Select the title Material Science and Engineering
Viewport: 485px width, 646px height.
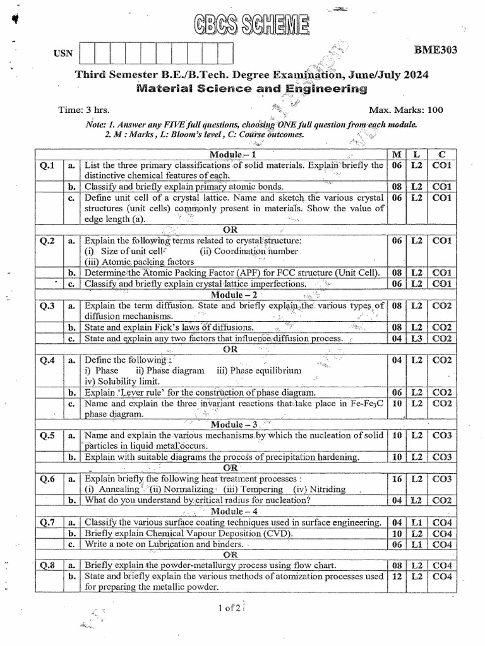(251, 89)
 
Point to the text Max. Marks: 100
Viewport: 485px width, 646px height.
(410, 110)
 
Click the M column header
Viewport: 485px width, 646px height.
(397, 155)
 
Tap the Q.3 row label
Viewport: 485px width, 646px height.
(47, 306)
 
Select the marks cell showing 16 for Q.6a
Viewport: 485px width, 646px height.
(397, 479)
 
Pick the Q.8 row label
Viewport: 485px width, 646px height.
(47, 565)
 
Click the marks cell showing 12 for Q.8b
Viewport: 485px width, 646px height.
(397, 576)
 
